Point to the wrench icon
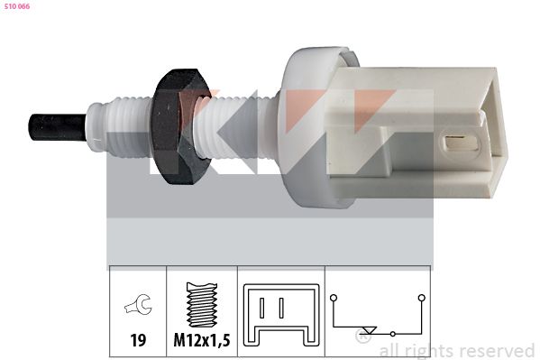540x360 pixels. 138,309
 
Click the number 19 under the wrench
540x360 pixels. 138,342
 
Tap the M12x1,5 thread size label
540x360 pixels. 203,342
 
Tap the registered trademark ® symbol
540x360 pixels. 362,339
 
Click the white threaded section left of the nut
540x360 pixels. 126,124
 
